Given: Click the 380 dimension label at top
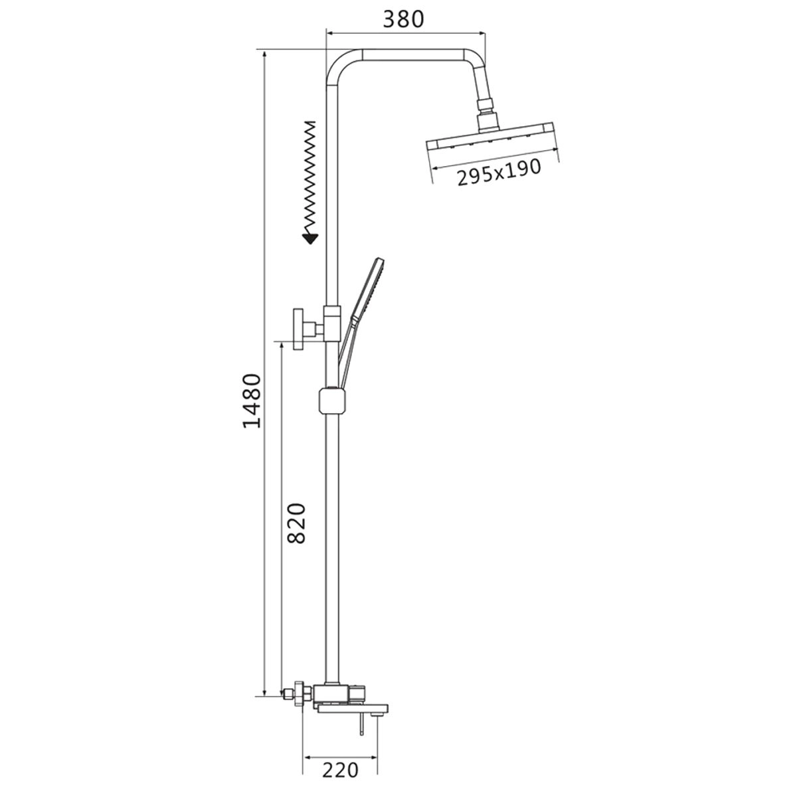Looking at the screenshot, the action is [x=403, y=19].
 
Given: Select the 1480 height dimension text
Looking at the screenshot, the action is [x=252, y=400].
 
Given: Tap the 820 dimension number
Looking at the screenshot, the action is [x=296, y=523].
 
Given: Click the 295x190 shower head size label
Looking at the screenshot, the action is [x=499, y=173].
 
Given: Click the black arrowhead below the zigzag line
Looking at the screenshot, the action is [x=311, y=238].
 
